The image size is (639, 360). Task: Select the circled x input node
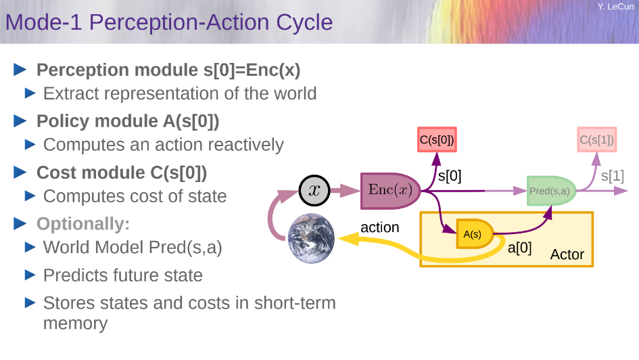[314, 190]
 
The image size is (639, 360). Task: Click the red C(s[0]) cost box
[437, 141]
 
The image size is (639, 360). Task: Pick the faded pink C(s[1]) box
[596, 141]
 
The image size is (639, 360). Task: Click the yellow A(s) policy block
[473, 234]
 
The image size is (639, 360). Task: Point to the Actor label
[567, 255]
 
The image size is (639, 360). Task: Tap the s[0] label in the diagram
[450, 177]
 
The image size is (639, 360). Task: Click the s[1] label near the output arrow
[612, 176]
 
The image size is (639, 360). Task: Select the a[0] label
[519, 248]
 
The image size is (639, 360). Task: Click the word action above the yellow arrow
[379, 227]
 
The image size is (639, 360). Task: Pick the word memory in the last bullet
[75, 323]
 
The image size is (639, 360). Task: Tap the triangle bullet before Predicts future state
[30, 275]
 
